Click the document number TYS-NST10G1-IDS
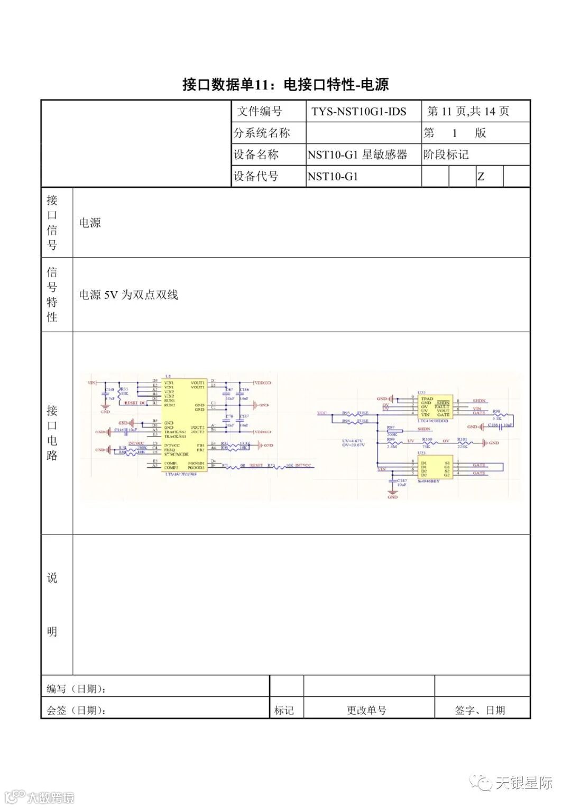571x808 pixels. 358,112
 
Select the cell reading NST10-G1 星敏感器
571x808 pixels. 357,155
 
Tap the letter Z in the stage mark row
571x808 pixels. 481,176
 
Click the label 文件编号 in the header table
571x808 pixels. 259,112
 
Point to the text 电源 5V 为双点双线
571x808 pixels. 128,295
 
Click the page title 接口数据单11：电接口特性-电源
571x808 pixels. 285,84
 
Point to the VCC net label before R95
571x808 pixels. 321,412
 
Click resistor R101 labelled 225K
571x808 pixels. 462,442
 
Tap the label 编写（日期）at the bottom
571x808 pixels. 77,688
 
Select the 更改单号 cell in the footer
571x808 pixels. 366,710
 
